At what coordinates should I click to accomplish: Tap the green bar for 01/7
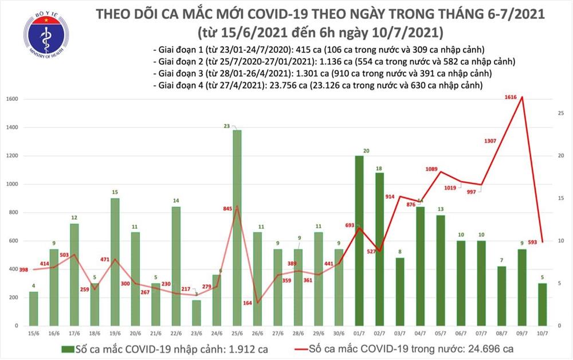[x=359, y=240]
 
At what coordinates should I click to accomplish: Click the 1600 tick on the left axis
[x=12, y=99]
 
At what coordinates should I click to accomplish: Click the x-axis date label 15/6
[x=34, y=332]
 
